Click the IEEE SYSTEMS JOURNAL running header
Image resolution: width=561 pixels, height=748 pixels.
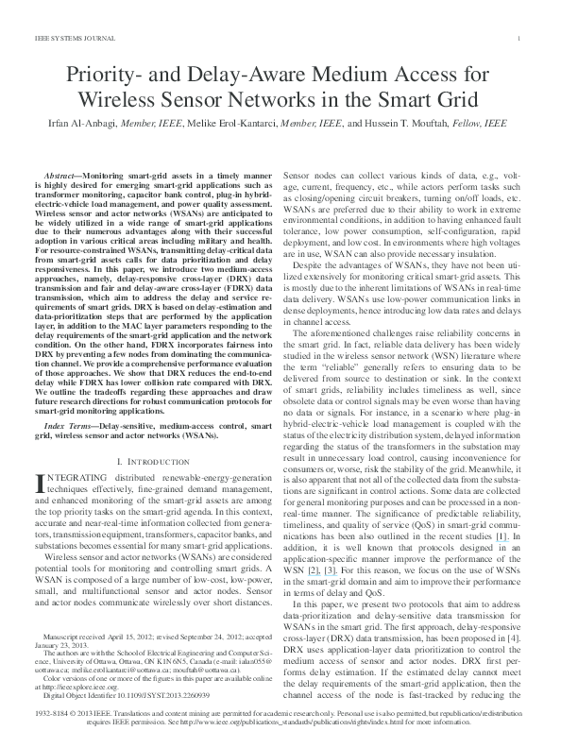pyautogui.click(x=66, y=38)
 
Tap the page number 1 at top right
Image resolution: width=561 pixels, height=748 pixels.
pyautogui.click(x=522, y=38)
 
